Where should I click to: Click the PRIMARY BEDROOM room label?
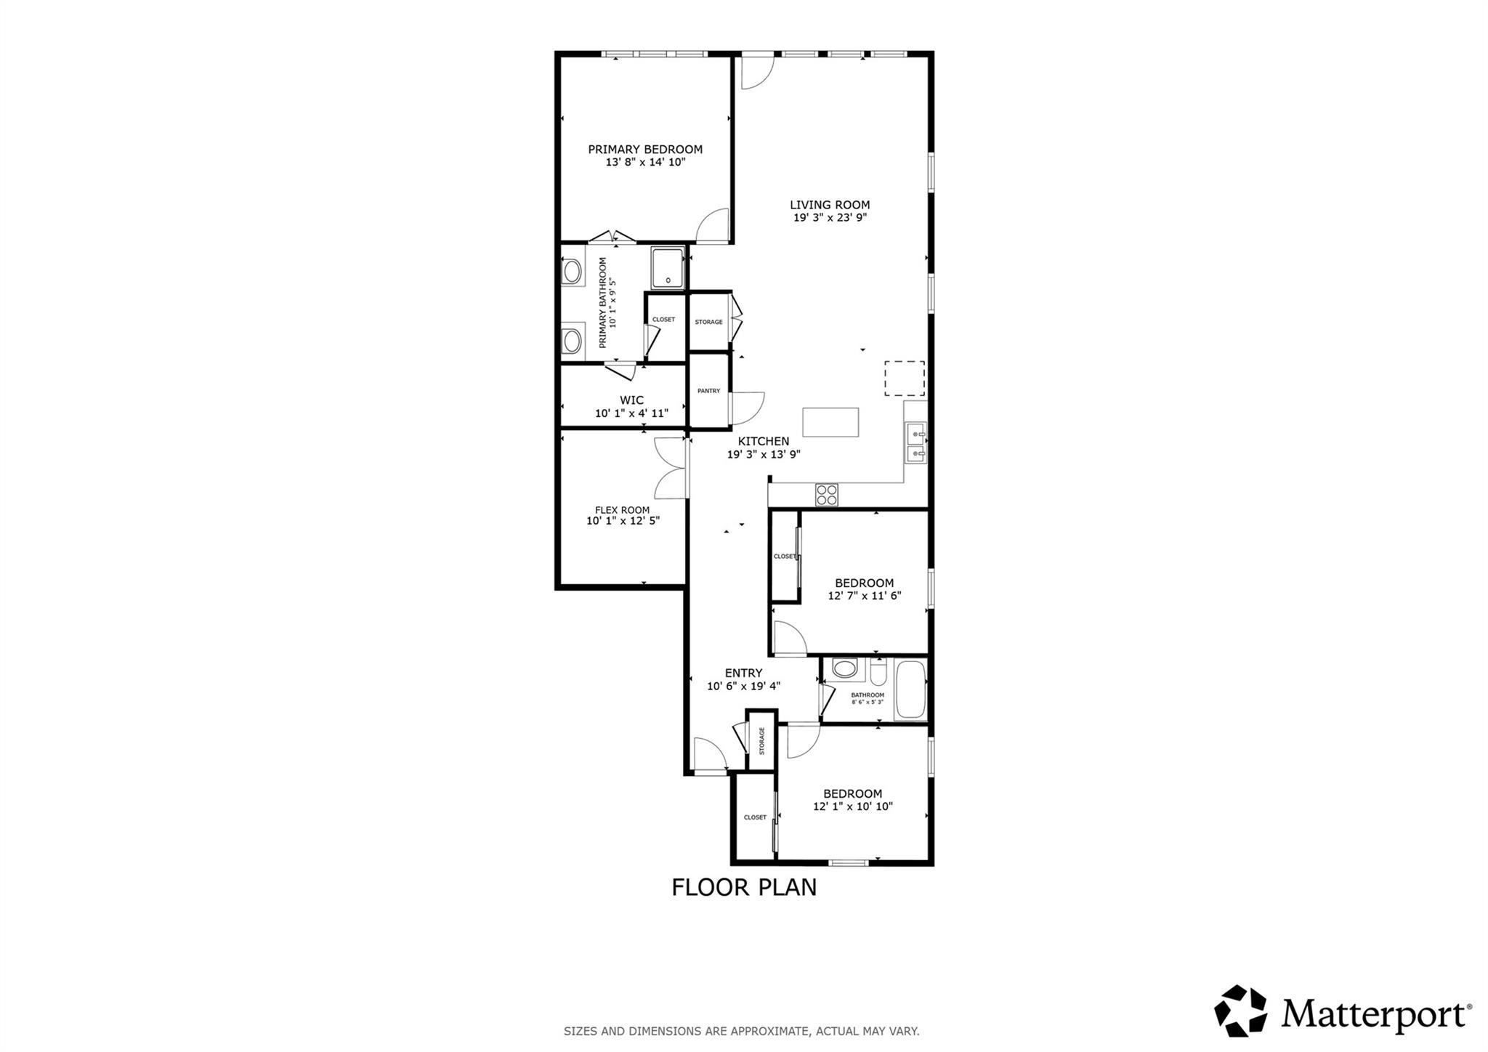pyautogui.click(x=645, y=150)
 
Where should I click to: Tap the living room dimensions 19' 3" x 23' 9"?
pyautogui.click(x=830, y=217)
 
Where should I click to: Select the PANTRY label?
pyautogui.click(x=708, y=391)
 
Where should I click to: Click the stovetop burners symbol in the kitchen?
pyautogui.click(x=827, y=495)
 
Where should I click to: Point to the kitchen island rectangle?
pyautogui.click(x=830, y=422)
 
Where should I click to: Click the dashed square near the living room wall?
pyautogui.click(x=904, y=379)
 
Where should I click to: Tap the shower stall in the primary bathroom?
pyautogui.click(x=667, y=267)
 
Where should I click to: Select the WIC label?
pyautogui.click(x=631, y=400)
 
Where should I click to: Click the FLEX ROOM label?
pyautogui.click(x=623, y=510)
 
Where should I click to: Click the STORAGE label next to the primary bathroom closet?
pyautogui.click(x=708, y=322)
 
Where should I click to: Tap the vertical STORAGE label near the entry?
pyautogui.click(x=762, y=741)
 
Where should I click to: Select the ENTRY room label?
pyautogui.click(x=743, y=673)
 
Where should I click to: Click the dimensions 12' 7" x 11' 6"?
pyautogui.click(x=864, y=596)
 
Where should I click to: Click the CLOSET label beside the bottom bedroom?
pyautogui.click(x=755, y=817)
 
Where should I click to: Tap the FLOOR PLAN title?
pyautogui.click(x=743, y=888)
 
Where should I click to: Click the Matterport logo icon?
pyautogui.click(x=1240, y=1011)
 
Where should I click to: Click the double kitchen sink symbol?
pyautogui.click(x=915, y=444)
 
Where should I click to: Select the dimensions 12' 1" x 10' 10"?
pyautogui.click(x=852, y=806)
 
